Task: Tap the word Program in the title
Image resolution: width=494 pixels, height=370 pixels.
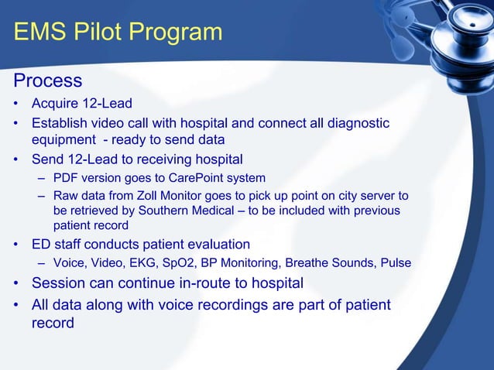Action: (180, 33)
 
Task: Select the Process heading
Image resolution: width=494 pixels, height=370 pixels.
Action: (47, 81)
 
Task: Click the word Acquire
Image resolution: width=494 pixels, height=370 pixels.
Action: (56, 104)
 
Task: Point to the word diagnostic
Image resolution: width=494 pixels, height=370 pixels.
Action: (358, 124)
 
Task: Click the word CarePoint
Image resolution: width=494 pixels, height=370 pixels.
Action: (201, 177)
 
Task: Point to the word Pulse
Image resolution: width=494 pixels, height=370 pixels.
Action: (395, 263)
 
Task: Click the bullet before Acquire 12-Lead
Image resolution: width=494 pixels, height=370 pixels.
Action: (15, 104)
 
